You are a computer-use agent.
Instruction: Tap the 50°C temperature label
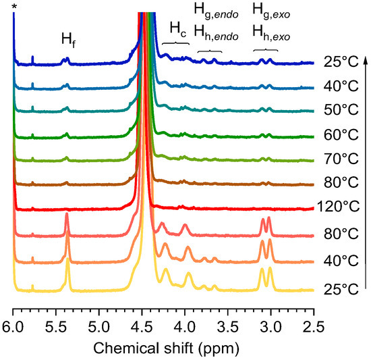click(x=340, y=109)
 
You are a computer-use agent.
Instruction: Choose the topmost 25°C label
click(x=340, y=61)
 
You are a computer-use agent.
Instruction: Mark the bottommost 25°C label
click(x=340, y=288)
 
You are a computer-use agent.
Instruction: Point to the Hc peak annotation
click(x=177, y=29)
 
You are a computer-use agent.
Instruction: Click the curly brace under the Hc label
click(x=177, y=45)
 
